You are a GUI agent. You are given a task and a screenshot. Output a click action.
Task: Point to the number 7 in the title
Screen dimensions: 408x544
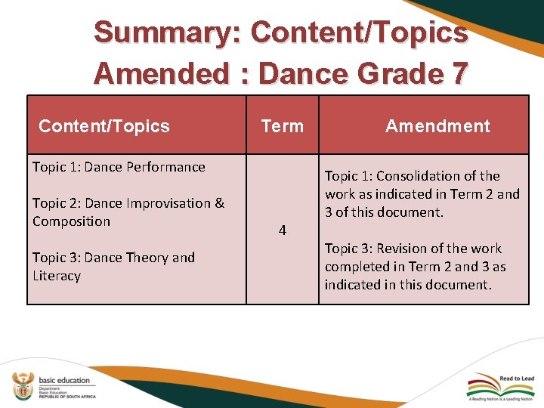click(457, 74)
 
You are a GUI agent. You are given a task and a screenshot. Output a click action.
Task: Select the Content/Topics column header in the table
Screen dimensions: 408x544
click(104, 126)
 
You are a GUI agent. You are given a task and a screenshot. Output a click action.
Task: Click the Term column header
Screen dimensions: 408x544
click(282, 126)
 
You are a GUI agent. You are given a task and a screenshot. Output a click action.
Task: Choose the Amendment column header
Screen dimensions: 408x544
click(437, 126)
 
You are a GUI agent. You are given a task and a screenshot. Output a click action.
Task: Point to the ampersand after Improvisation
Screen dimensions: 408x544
click(219, 203)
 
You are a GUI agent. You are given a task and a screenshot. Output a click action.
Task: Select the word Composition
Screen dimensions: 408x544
click(71, 221)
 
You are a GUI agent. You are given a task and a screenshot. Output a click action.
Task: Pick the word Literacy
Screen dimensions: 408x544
click(56, 276)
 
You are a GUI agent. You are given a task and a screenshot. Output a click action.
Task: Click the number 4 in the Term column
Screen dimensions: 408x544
click(282, 230)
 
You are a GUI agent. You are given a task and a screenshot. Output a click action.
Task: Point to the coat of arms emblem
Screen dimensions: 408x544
click(22, 385)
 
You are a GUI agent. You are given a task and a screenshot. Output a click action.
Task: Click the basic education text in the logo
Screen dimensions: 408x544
click(63, 380)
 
